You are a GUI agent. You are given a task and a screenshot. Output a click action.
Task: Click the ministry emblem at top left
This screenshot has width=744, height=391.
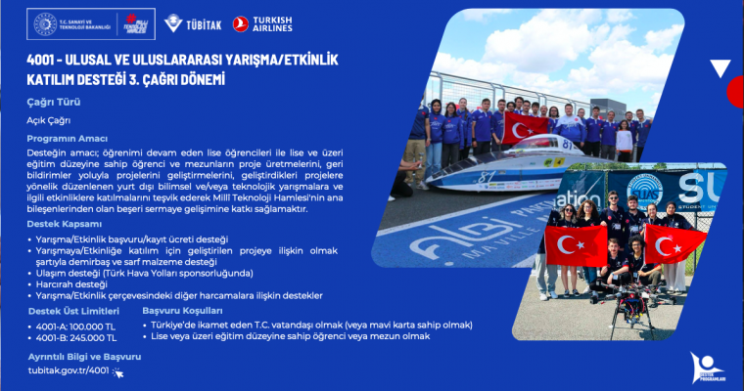[46, 23]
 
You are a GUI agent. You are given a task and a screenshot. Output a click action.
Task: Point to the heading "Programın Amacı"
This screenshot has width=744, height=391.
[68, 139]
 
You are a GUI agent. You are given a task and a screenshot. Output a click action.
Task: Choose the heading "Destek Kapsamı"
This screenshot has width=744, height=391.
[64, 224]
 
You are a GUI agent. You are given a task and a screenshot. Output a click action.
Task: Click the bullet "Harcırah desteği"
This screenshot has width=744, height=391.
[74, 284]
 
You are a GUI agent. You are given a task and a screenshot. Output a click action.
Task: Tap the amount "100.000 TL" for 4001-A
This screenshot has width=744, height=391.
[90, 325]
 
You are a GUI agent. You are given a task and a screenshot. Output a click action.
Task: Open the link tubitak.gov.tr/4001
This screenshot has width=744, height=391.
[70, 371]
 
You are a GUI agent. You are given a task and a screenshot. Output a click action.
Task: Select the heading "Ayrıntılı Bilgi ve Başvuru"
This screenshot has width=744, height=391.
[84, 357]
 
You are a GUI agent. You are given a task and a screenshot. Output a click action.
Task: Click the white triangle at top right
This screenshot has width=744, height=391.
[721, 68]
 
